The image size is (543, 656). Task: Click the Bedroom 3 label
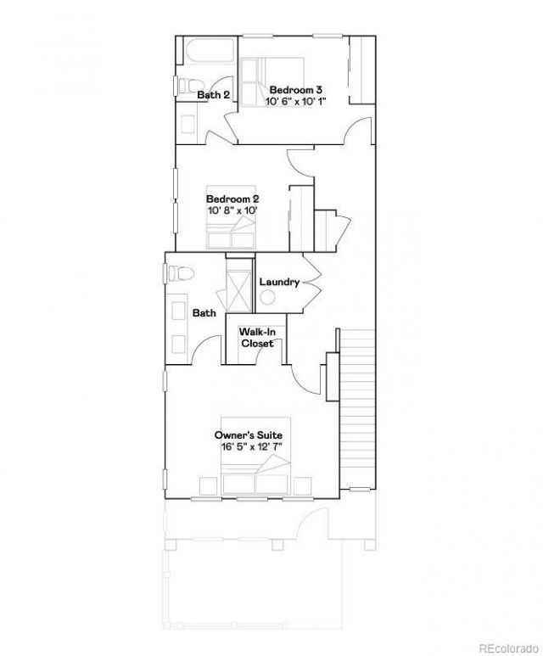tap(295, 90)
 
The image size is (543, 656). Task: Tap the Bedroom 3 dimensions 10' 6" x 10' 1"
tap(295, 101)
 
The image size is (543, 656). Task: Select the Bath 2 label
tap(213, 95)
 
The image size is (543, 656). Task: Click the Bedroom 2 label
tap(232, 199)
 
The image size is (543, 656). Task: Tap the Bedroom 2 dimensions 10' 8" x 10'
tap(232, 210)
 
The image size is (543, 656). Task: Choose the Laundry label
tap(279, 282)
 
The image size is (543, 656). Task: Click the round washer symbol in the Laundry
tap(267, 298)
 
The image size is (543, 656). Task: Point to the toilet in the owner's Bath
tap(181, 273)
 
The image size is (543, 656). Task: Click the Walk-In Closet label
tap(257, 338)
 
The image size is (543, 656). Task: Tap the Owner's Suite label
tap(249, 435)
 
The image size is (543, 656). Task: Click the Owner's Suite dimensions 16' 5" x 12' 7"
tap(252, 447)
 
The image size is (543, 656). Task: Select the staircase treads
tap(357, 409)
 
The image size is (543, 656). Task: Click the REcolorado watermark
tap(508, 648)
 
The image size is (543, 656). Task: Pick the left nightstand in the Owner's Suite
tap(208, 486)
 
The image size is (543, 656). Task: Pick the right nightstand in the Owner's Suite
tap(302, 486)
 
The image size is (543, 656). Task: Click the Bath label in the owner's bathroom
tap(204, 313)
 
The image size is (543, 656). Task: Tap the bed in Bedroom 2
tap(231, 217)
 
